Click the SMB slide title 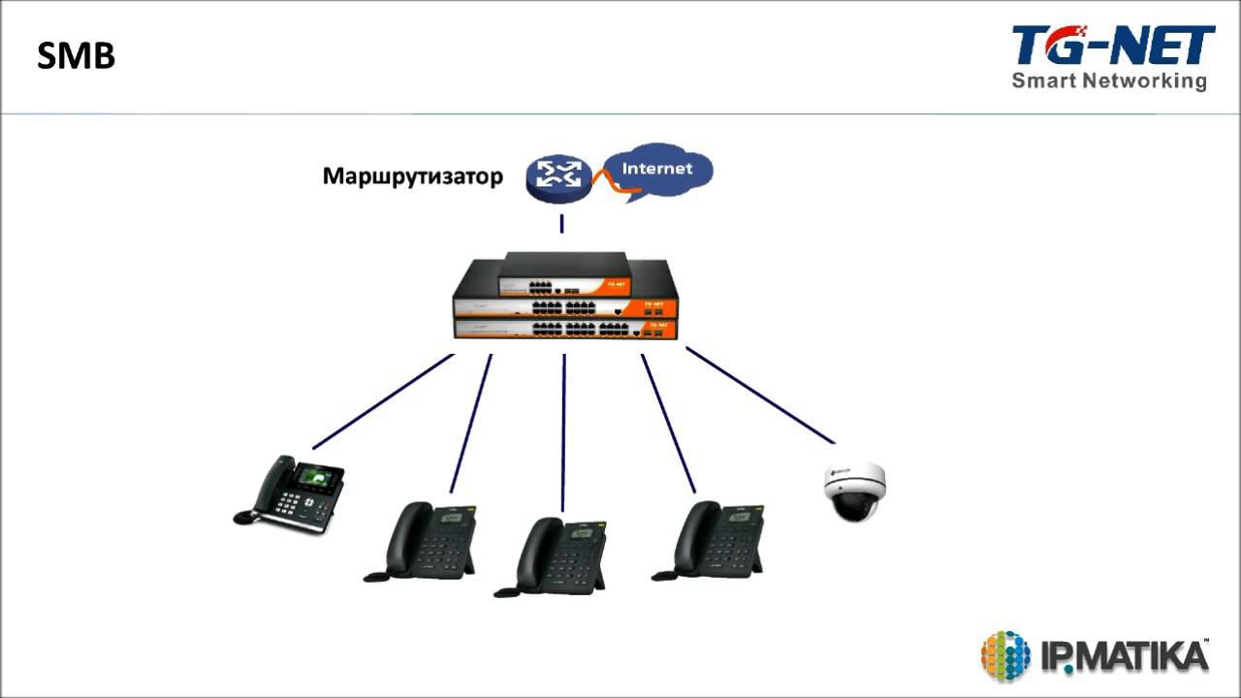tap(76, 56)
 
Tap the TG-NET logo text tap(1112, 46)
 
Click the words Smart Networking tap(1109, 80)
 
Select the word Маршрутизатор tap(413, 176)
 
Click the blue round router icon tap(559, 174)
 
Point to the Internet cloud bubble tap(658, 170)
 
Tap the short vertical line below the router tap(561, 224)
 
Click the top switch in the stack tap(565, 275)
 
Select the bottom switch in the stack tap(565, 329)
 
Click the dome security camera tap(853, 491)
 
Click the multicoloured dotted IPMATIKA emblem tap(1004, 655)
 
